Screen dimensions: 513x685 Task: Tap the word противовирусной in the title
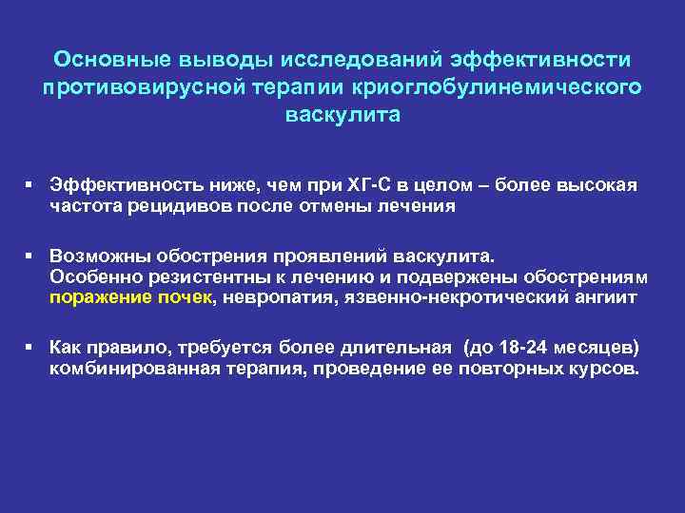(130, 87)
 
